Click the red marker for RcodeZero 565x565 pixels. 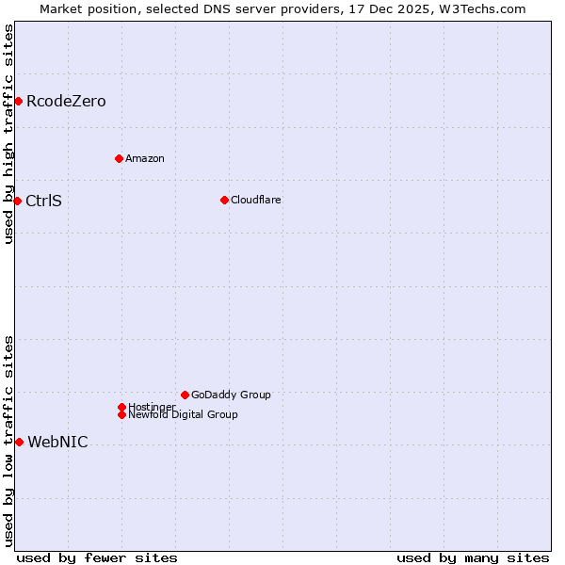(18, 101)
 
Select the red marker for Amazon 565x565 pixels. (119, 158)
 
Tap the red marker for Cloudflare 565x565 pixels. (224, 200)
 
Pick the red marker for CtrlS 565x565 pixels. (17, 201)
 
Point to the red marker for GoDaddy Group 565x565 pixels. (185, 395)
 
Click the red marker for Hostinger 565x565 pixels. (121, 407)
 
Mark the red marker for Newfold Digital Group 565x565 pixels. (121, 414)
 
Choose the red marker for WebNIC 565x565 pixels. (19, 442)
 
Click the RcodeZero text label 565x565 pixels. (66, 102)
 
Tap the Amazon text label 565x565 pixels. (145, 158)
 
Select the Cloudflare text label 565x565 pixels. (256, 200)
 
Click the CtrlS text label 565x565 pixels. (43, 201)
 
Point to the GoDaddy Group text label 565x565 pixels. (231, 395)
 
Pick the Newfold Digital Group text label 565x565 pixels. (183, 414)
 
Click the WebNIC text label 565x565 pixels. (57, 443)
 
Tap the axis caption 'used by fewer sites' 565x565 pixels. (97, 557)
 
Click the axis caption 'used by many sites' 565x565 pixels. (473, 557)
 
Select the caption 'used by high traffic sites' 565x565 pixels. (8, 134)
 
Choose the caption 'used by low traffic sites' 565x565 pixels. (8, 440)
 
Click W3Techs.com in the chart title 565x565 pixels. (480, 8)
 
